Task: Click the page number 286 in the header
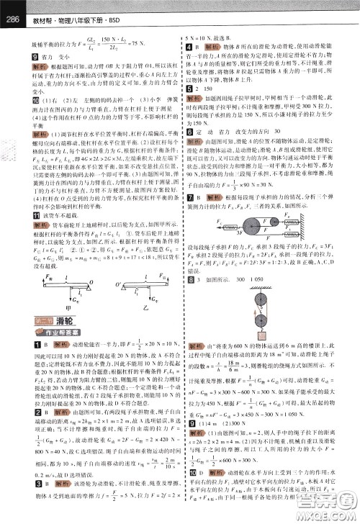(12, 8)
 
